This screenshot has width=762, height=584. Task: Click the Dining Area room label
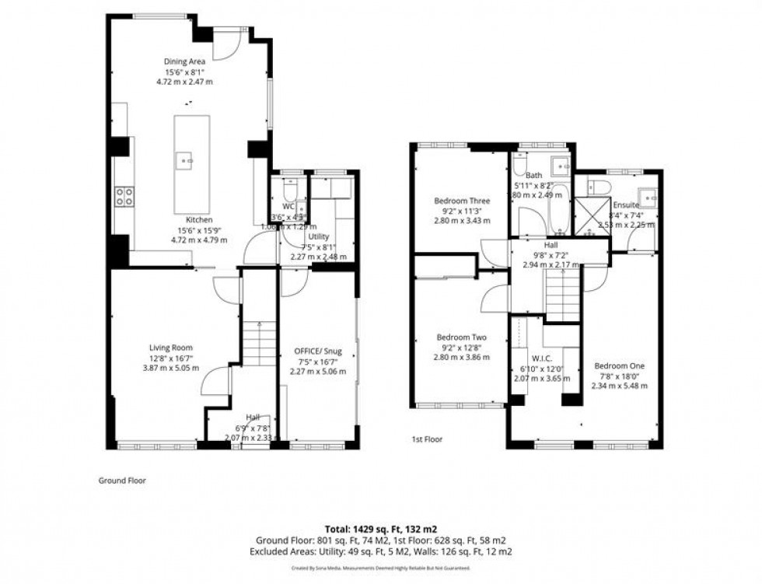coord(184,61)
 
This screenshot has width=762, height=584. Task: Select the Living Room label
coord(171,348)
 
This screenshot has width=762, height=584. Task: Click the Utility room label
coord(319,236)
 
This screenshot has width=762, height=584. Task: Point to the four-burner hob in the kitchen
coord(124,197)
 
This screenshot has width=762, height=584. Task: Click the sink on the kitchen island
coord(185,162)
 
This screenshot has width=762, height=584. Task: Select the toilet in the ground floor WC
coord(290,190)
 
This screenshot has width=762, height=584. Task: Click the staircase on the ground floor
coord(259,343)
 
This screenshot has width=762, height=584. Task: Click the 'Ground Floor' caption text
coord(121,481)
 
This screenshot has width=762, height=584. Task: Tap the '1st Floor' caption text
coord(427,439)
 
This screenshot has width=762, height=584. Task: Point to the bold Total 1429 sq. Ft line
coord(380,529)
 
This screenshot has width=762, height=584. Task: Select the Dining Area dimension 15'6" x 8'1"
coord(184,72)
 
